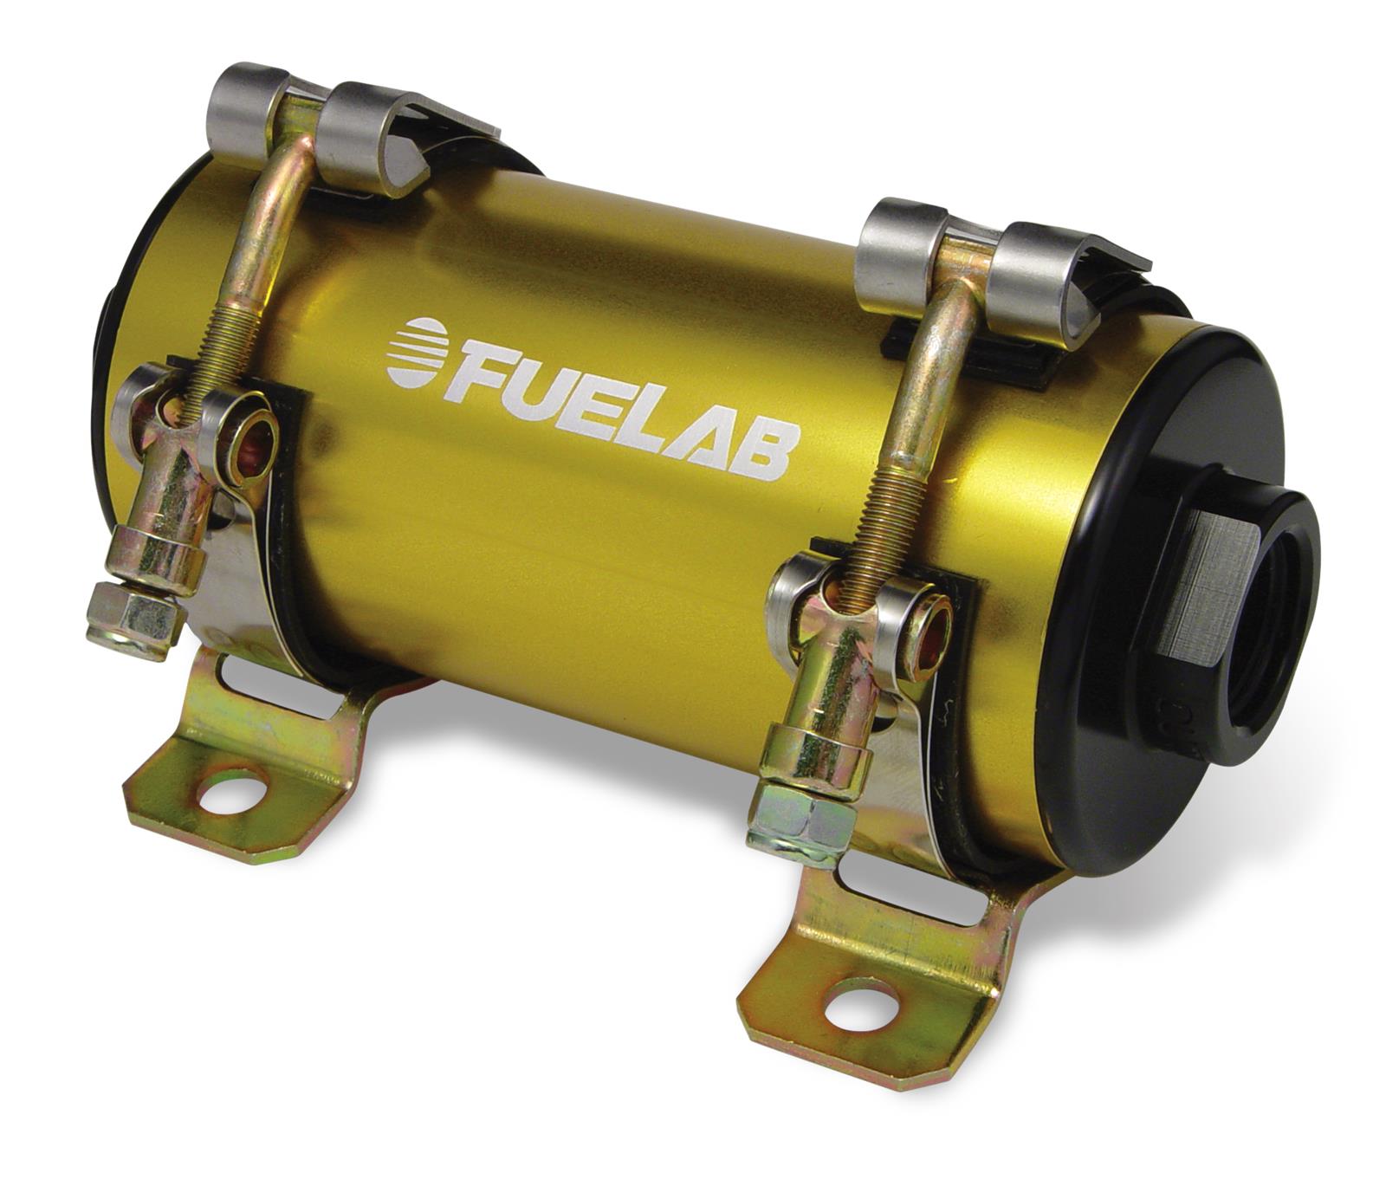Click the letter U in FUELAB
(x=530, y=389)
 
